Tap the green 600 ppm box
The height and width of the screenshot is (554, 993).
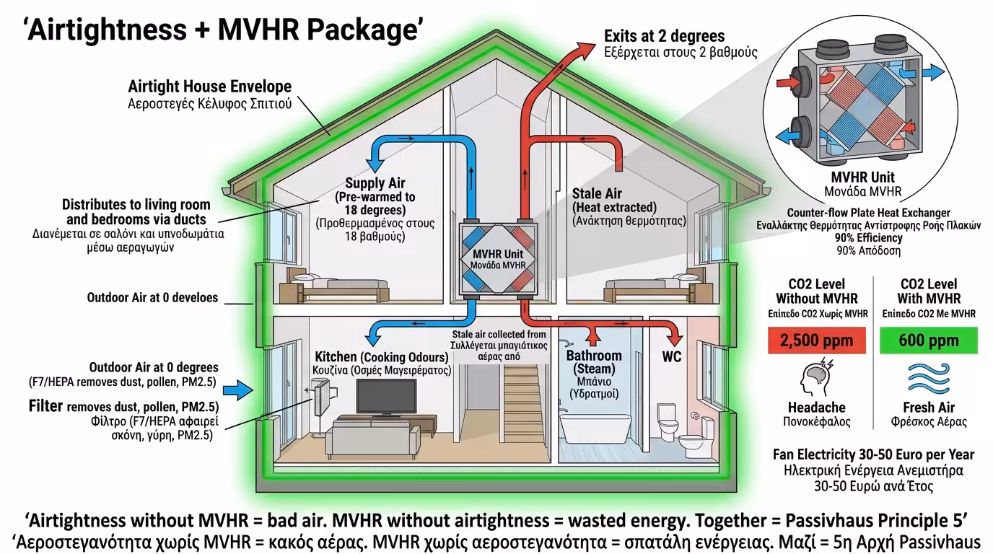point(929,340)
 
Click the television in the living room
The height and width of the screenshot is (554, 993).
point(386,396)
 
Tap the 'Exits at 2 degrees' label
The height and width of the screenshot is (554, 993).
point(664,35)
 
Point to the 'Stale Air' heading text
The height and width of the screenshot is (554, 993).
point(597,193)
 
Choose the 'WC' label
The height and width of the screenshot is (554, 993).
point(671,357)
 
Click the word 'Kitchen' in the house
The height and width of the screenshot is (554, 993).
point(336,357)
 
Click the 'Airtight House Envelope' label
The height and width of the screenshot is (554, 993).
point(209,87)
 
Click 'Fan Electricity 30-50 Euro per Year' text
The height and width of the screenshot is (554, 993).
point(873,454)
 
